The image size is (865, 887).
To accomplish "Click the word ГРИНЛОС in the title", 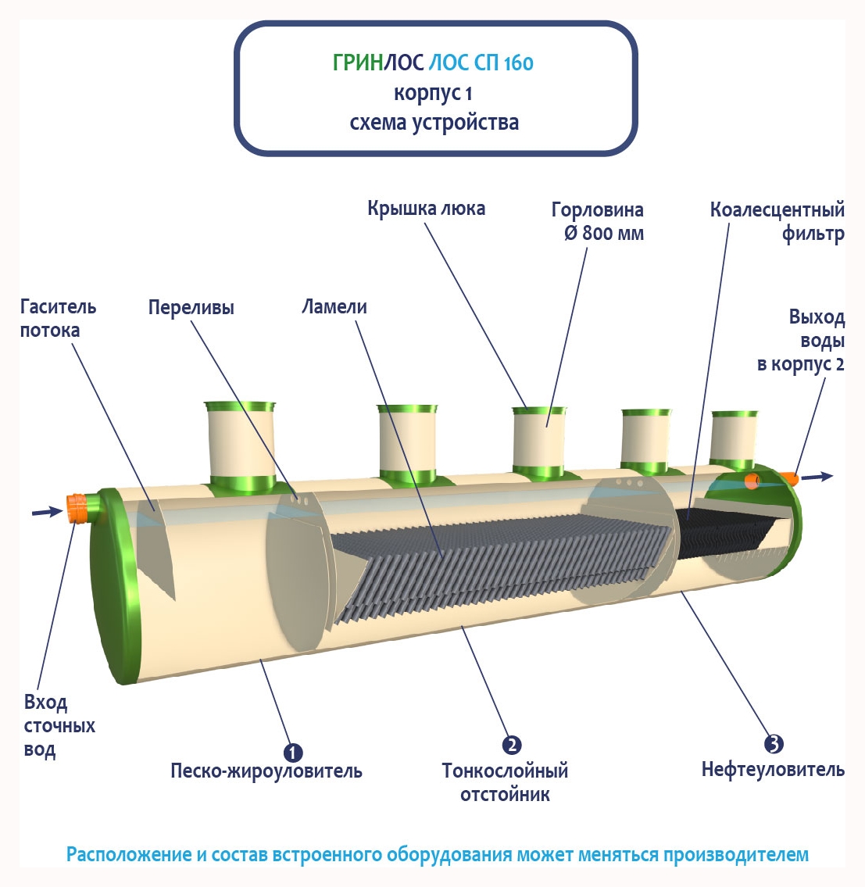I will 378,63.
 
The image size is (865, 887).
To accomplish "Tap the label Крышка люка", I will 426,209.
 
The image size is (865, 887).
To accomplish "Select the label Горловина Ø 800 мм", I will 598,221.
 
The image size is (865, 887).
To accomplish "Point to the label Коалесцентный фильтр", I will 777,221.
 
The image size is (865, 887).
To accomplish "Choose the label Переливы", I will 191,308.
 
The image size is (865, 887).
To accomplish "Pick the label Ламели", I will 334,307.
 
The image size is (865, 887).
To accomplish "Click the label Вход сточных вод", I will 59,726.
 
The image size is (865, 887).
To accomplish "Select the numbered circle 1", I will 292,753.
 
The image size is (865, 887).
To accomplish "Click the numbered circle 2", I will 511,745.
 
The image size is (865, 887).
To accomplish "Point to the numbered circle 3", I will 774,744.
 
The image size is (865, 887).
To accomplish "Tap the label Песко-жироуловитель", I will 266,771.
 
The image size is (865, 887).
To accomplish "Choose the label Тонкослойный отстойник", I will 505,782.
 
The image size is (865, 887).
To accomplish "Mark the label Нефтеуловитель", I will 773,770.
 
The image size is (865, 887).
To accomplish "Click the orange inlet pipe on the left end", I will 77,508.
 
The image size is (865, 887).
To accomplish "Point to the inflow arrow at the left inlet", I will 46,512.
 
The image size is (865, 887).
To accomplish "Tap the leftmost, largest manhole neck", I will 240,445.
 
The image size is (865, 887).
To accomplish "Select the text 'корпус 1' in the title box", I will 433,93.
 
